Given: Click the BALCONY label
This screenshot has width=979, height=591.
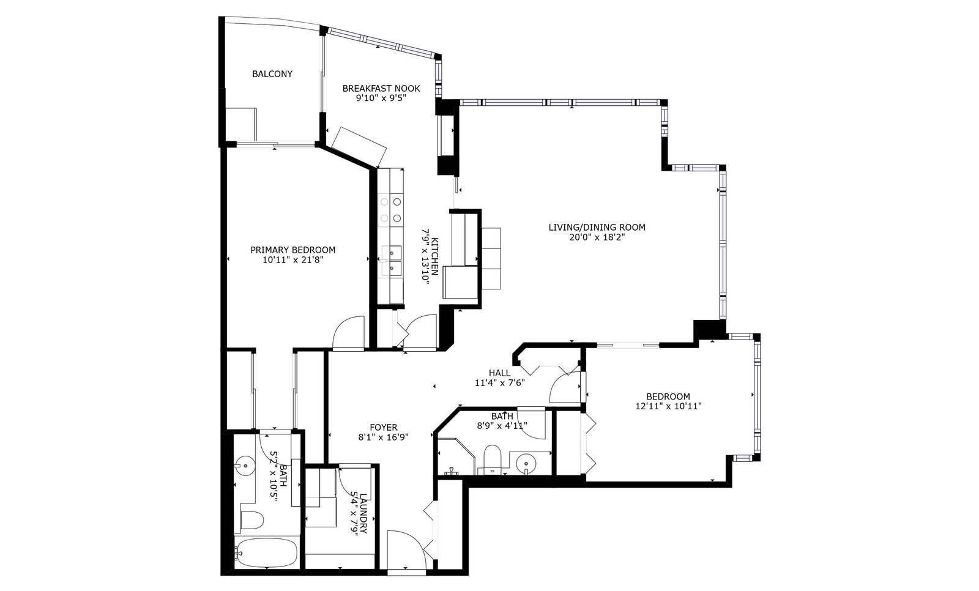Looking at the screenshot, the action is [272, 74].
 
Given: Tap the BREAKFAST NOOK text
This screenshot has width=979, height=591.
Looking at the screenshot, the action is [381, 88].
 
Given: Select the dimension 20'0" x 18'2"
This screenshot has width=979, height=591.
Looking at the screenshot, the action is [597, 237].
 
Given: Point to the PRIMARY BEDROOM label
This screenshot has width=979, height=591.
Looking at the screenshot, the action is [293, 250].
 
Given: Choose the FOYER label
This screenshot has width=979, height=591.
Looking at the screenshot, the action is [384, 427].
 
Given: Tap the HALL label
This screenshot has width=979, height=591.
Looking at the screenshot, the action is [499, 373].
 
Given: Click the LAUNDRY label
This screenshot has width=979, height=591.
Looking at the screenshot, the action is [363, 513].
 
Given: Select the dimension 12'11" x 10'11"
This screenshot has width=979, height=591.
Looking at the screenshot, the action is [669, 406].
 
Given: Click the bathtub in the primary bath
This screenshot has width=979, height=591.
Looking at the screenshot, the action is [267, 552].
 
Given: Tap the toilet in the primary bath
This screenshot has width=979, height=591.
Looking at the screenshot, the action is [252, 520].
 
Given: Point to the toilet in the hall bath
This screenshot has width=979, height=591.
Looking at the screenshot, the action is [493, 459].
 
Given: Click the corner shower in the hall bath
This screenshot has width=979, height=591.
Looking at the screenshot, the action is [456, 456].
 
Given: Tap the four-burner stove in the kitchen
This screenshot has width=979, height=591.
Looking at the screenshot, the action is [391, 209].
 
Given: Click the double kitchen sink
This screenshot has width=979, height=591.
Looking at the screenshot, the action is [392, 261].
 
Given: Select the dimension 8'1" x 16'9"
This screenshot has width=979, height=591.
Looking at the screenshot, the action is [384, 437].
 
